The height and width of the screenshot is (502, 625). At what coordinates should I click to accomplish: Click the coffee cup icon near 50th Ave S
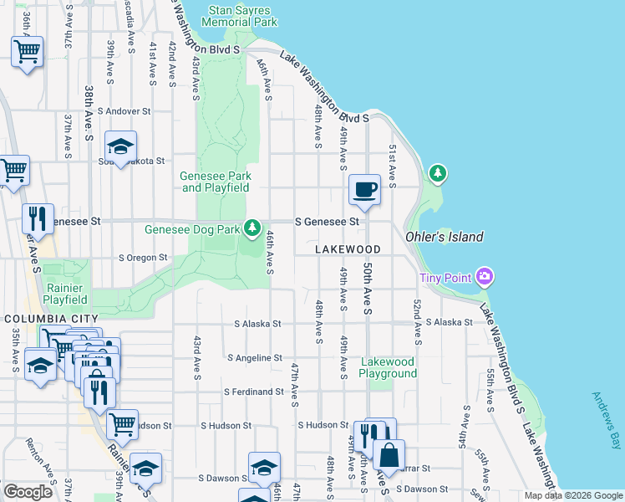click(364, 190)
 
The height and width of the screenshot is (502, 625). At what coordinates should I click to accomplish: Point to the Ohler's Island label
click(444, 237)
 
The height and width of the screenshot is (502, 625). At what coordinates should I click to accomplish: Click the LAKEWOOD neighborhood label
click(348, 249)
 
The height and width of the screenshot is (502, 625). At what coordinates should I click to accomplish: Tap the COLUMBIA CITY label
click(51, 319)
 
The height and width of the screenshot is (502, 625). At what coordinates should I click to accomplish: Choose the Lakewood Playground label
click(388, 367)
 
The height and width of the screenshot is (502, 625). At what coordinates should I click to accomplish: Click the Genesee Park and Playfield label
click(216, 182)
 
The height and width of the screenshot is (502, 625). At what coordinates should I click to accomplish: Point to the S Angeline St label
click(255, 358)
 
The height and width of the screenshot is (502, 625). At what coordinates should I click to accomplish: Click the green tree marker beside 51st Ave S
click(436, 173)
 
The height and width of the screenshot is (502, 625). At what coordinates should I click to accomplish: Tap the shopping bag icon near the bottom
click(389, 457)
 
